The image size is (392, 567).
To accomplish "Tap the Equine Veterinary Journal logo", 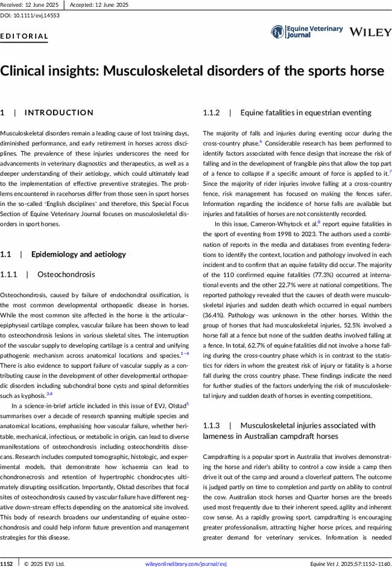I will click(x=307, y=32).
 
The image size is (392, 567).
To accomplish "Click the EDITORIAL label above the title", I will click(x=25, y=36).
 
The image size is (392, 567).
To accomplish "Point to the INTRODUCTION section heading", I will click(x=58, y=113).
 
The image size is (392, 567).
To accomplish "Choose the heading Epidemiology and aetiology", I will click(x=78, y=254).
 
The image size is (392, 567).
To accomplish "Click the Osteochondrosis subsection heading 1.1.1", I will click(x=66, y=275).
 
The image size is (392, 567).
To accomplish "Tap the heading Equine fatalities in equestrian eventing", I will click(x=305, y=113).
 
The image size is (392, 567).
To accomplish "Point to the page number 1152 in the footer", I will click(x=8, y=563).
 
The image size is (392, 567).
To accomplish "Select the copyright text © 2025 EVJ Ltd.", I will click(x=44, y=563).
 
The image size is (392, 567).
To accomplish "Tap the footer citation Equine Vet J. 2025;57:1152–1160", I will click(x=350, y=563).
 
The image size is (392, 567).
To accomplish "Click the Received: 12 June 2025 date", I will click(x=29, y=4).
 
